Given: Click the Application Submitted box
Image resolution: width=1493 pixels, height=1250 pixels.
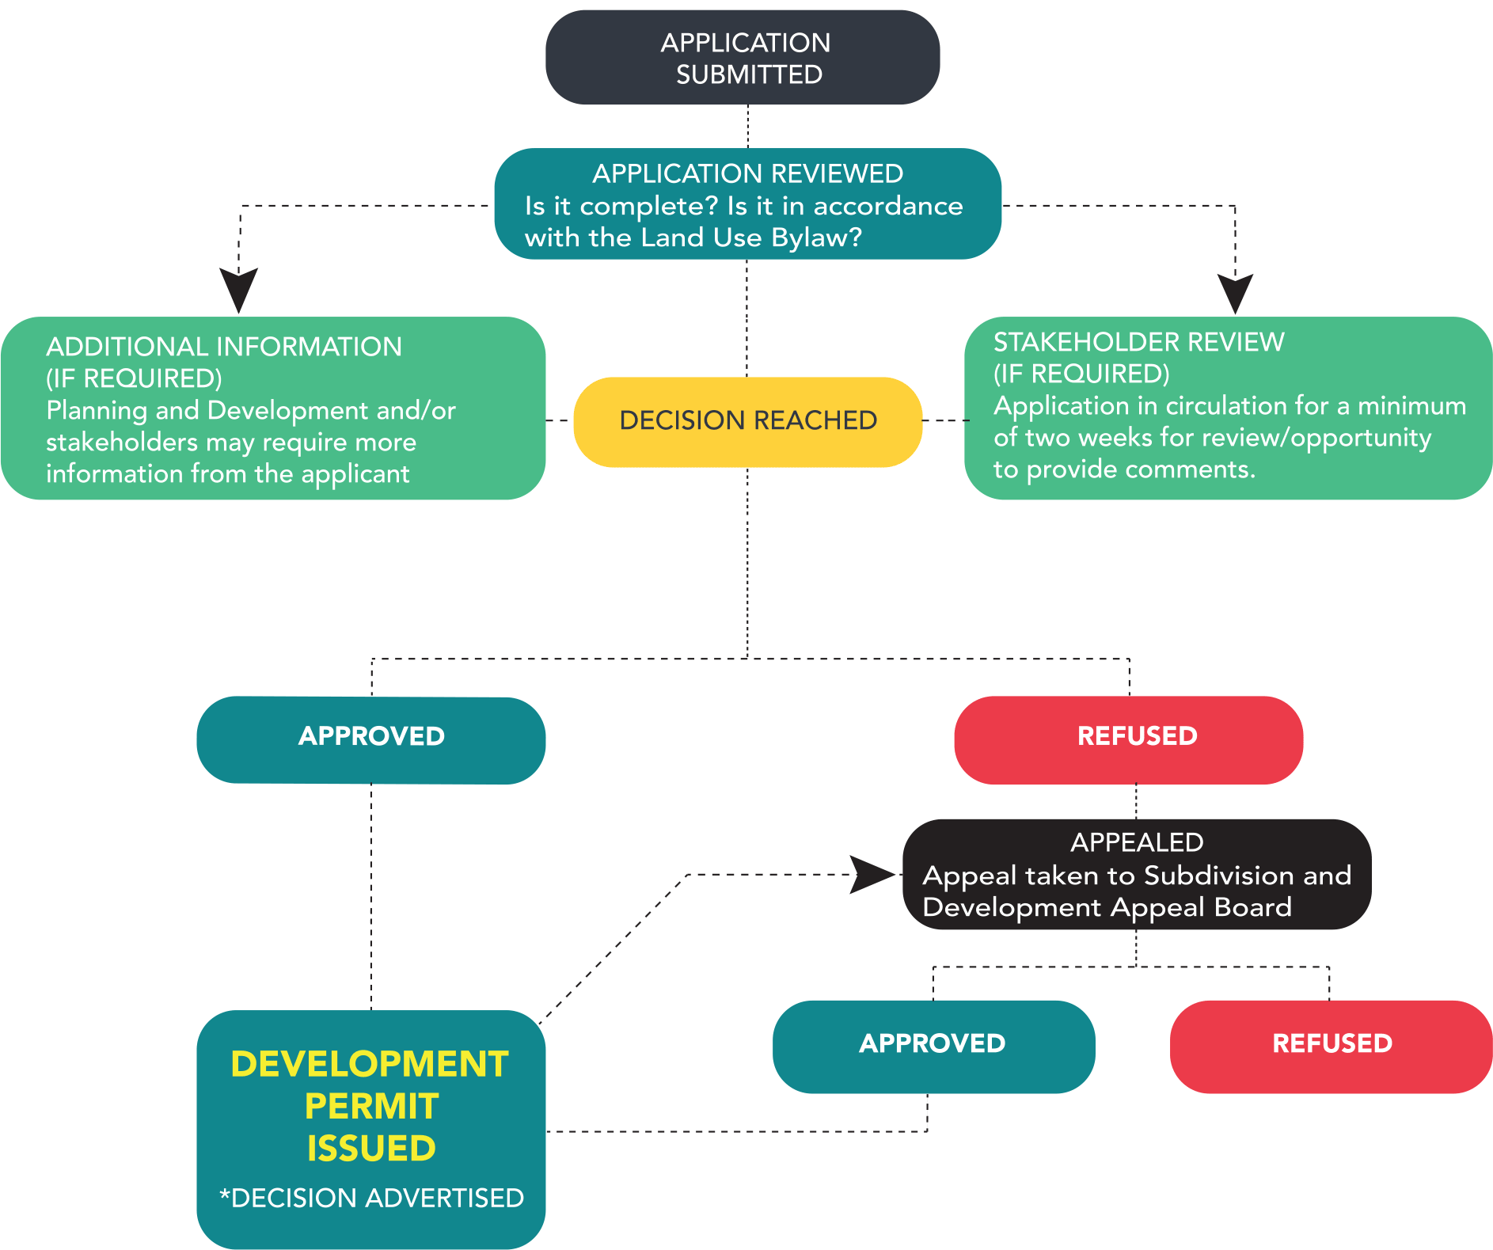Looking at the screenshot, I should point(743,58).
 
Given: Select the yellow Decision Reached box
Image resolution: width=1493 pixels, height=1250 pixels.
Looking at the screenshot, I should point(747,420).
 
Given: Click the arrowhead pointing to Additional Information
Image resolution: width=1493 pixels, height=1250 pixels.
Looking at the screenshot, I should point(238,289).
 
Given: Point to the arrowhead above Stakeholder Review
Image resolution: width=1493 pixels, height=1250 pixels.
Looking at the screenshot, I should point(1235,293).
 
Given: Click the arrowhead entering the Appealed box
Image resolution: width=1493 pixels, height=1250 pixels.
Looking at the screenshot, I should point(872,875).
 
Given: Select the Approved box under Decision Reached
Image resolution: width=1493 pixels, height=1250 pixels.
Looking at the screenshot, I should point(370,738).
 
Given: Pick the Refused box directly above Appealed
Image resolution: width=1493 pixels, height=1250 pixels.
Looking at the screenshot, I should point(1129,738).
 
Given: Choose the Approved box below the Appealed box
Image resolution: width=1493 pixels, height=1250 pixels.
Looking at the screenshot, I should point(933,1045).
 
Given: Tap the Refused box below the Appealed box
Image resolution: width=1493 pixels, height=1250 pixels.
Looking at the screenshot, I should point(1332,1045).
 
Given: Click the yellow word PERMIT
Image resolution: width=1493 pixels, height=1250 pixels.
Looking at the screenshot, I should point(371,1107).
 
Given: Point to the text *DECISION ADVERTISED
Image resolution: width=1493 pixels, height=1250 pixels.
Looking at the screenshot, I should point(371,1198).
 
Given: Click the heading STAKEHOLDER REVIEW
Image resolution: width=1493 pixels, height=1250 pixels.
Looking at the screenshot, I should point(1138,342).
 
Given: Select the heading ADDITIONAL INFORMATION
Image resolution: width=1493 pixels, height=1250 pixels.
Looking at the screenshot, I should point(224,347).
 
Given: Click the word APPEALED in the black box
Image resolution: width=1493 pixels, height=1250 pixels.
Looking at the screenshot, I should point(1137,842).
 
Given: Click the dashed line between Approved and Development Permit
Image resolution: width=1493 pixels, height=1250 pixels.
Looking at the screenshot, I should point(371,895).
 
